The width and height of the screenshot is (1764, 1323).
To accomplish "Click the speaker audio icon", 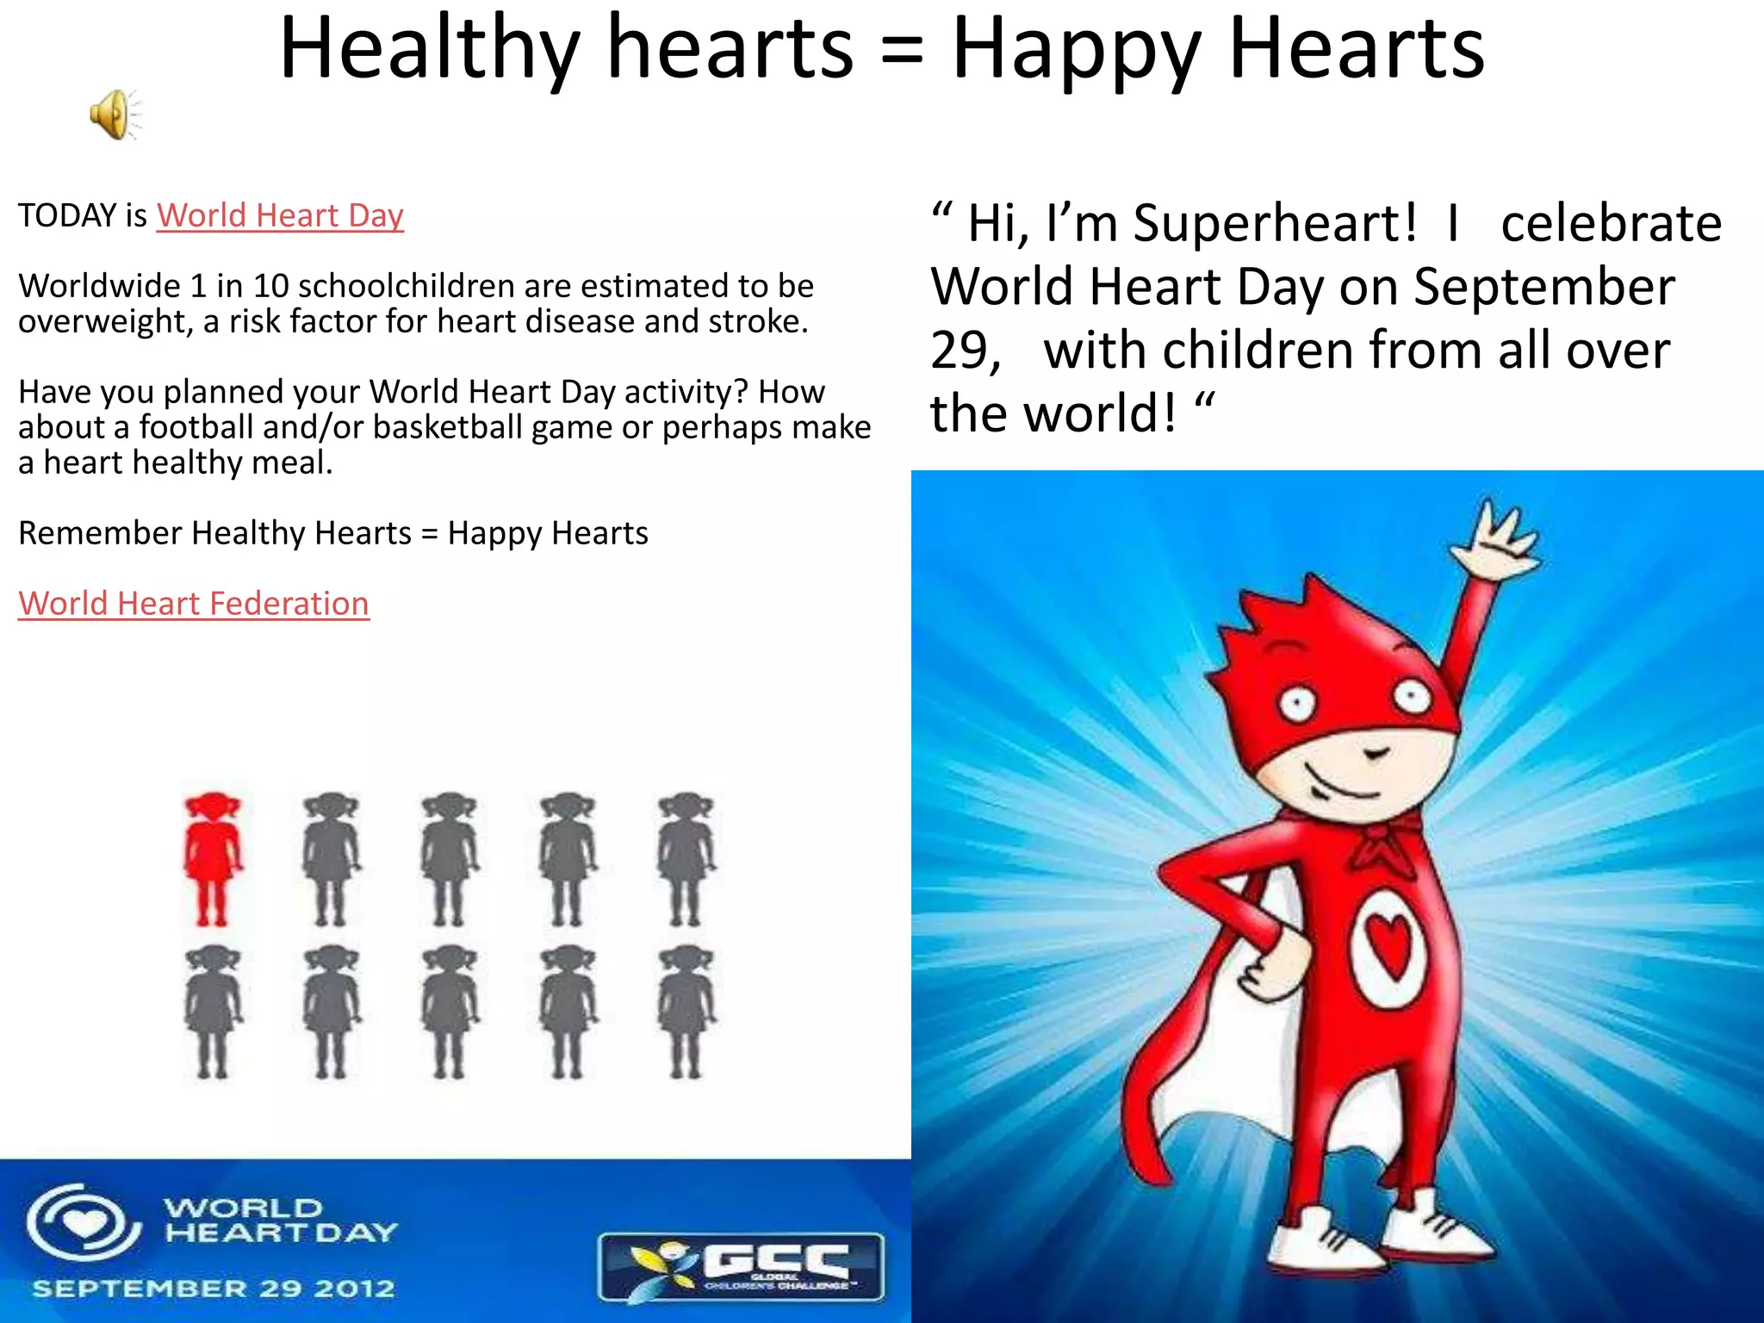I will point(113,115).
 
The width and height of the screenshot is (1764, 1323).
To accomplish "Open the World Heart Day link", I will point(280,215).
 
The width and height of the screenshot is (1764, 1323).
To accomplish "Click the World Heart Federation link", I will point(194,604).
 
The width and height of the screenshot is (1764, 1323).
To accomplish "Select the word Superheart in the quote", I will point(1274,223).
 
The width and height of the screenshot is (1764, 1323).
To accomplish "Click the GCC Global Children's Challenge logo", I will point(742,1265).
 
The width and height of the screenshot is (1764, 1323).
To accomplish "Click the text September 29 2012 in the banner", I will point(213,1289).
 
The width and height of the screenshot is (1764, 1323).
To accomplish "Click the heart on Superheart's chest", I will point(1389,944).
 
